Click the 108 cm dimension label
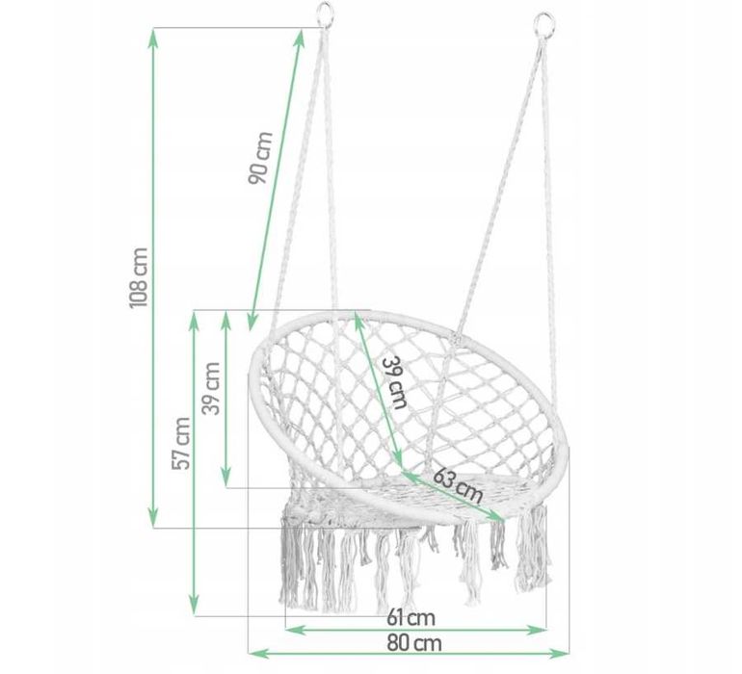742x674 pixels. [139, 277]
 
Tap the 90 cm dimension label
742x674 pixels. [260, 158]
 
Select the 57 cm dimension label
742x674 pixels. [181, 443]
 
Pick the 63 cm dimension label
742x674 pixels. [458, 485]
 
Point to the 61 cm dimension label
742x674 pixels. [411, 617]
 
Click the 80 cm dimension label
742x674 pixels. [414, 643]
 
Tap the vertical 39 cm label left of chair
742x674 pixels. [211, 388]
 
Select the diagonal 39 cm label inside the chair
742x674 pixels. [395, 382]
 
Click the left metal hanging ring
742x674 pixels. [325, 13]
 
